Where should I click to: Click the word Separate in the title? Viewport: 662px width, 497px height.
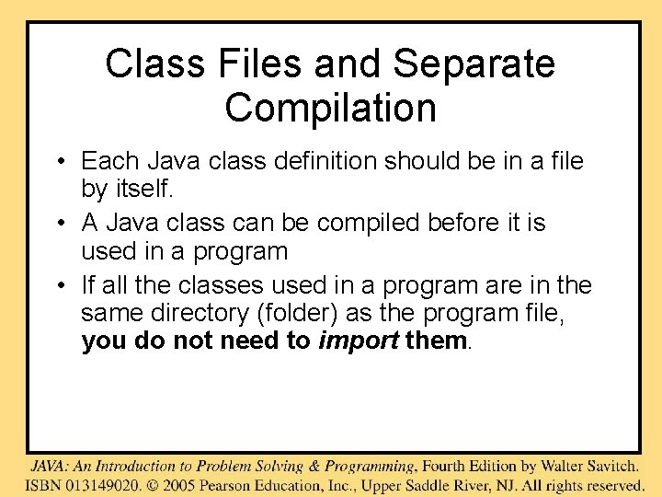pos(474,64)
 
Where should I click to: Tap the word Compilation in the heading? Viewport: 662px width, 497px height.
pos(330,108)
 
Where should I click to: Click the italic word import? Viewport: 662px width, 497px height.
pos(359,341)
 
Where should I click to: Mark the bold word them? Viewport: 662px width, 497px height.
pos(436,341)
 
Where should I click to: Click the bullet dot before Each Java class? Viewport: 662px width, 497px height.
pos(58,163)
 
